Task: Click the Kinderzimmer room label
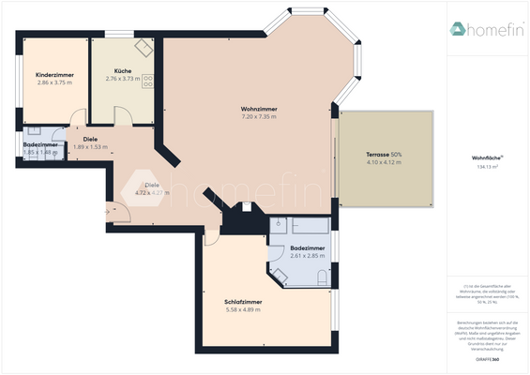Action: coord(53,74)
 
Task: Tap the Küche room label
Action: coord(122,71)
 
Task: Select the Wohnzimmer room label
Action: coord(259,109)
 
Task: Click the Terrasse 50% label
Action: coord(384,155)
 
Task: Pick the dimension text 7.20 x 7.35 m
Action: coord(259,117)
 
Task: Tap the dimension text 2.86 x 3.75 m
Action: coord(53,82)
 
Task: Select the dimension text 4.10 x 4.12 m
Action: coord(384,163)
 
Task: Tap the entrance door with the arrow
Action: coord(118,214)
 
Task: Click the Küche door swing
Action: coord(123,113)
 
